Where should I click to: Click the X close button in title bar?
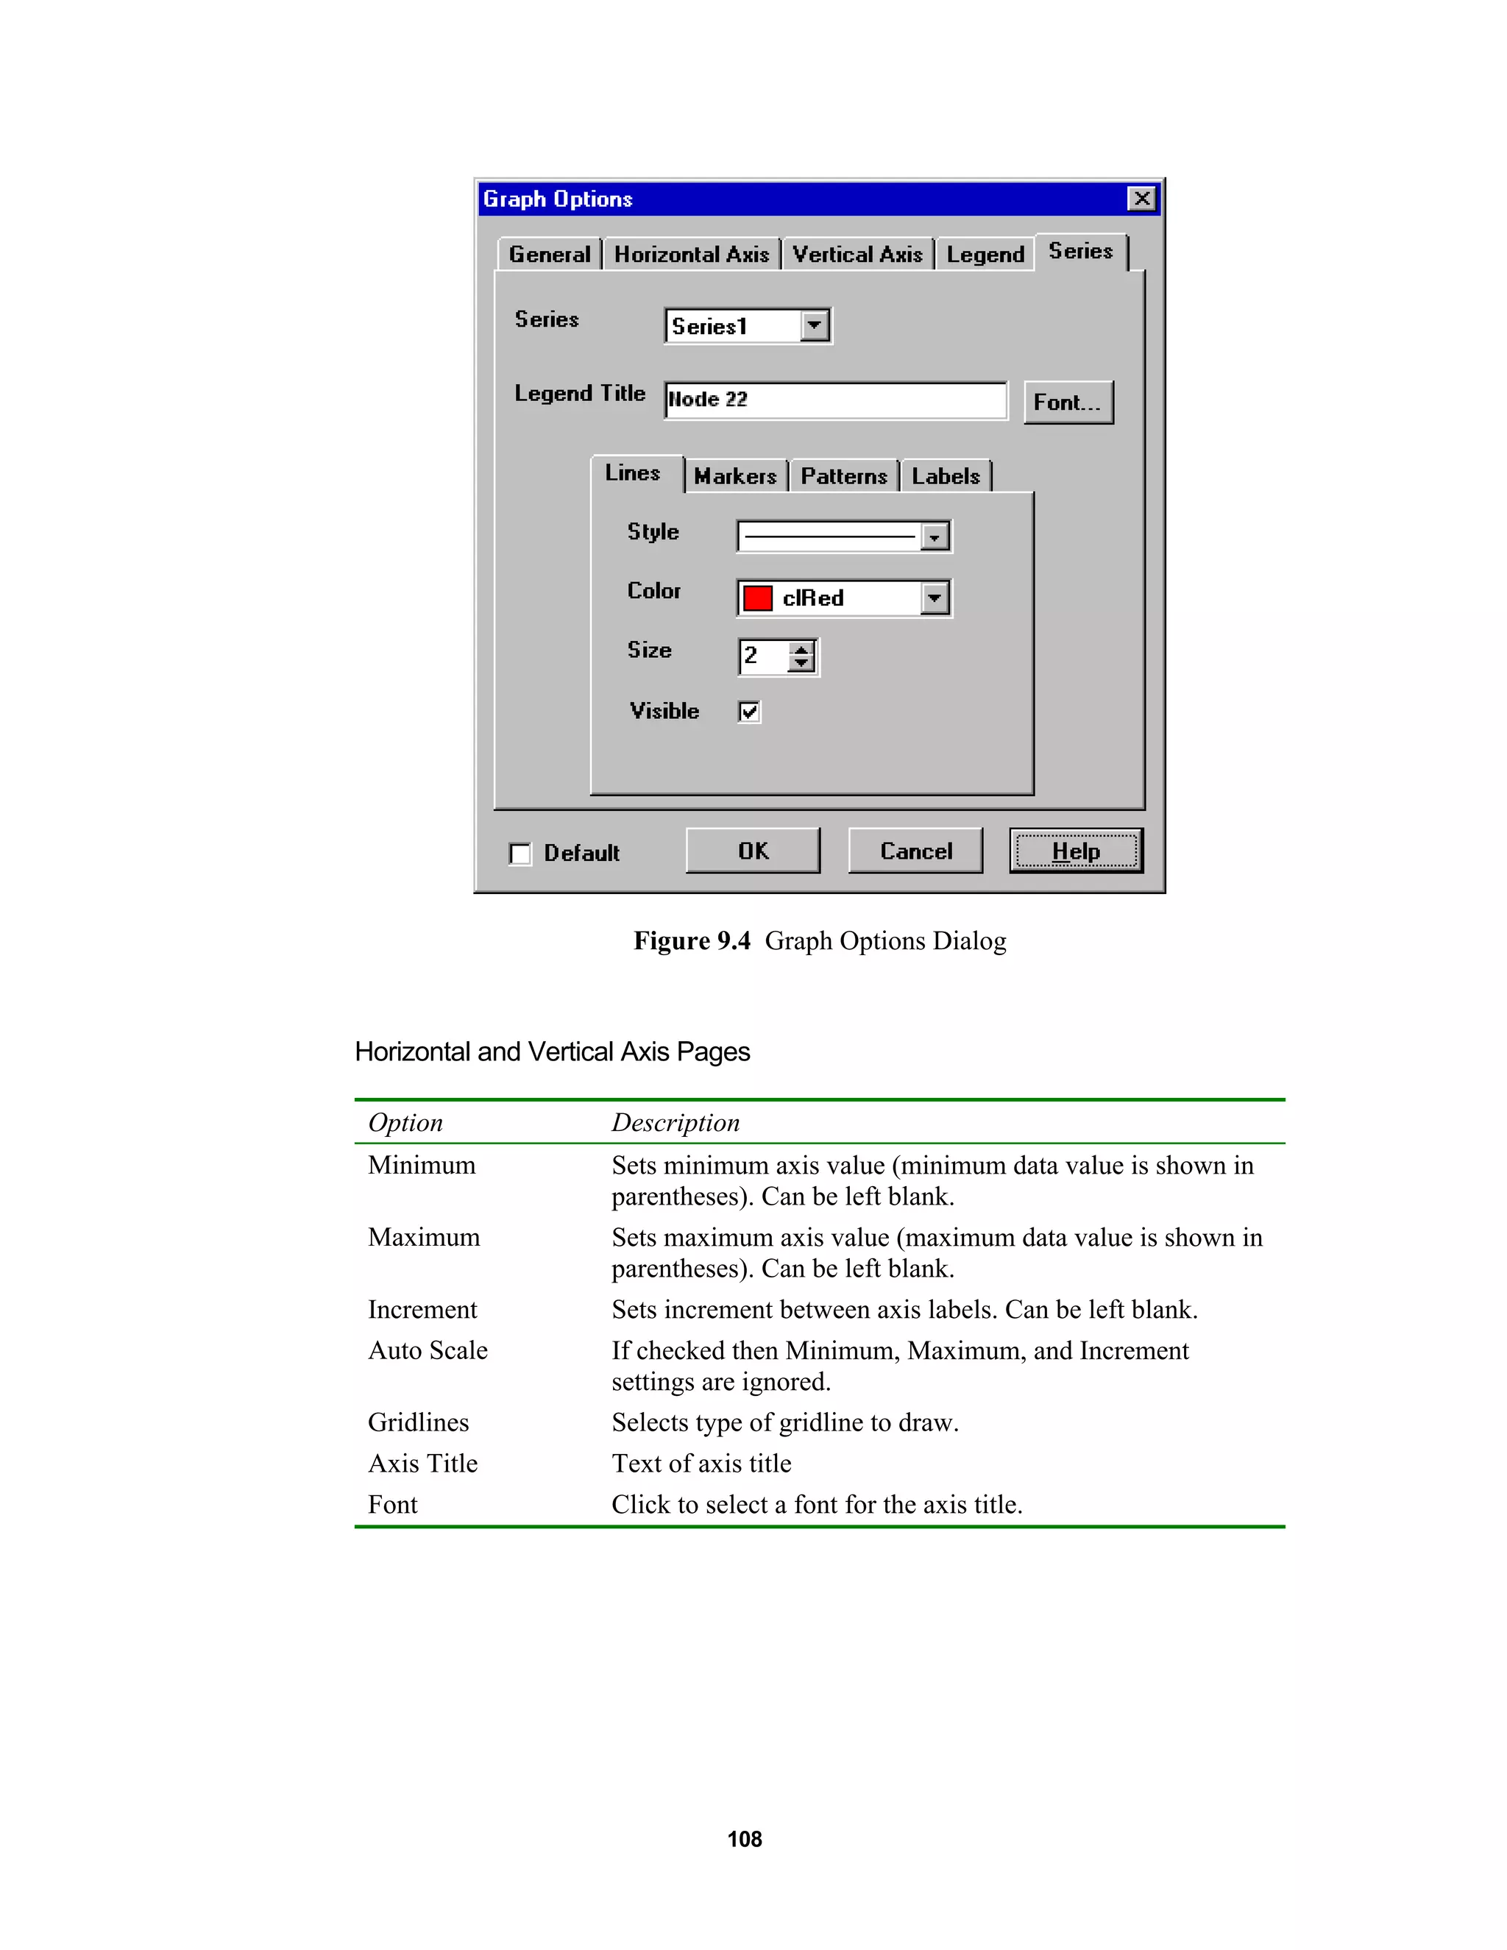point(1141,198)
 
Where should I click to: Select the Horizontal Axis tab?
point(691,255)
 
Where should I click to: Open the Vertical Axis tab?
point(857,255)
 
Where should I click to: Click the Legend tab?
point(985,255)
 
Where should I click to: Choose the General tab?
point(549,255)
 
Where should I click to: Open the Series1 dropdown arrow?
point(815,325)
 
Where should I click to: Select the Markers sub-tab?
point(735,476)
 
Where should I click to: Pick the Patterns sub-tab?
point(844,476)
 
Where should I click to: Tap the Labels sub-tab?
point(946,476)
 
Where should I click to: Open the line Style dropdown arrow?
point(934,536)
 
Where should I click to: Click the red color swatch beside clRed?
point(757,598)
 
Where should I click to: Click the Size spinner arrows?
point(801,656)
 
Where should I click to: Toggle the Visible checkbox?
point(749,712)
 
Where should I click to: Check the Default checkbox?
point(520,854)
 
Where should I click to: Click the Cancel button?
point(915,850)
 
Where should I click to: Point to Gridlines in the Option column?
point(418,1422)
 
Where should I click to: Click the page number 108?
point(745,1838)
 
